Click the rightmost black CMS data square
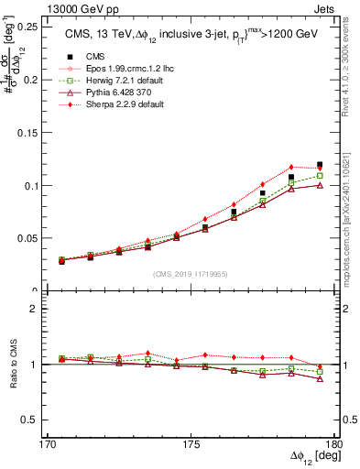pyautogui.click(x=320, y=165)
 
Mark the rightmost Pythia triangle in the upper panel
pyautogui.click(x=320, y=185)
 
